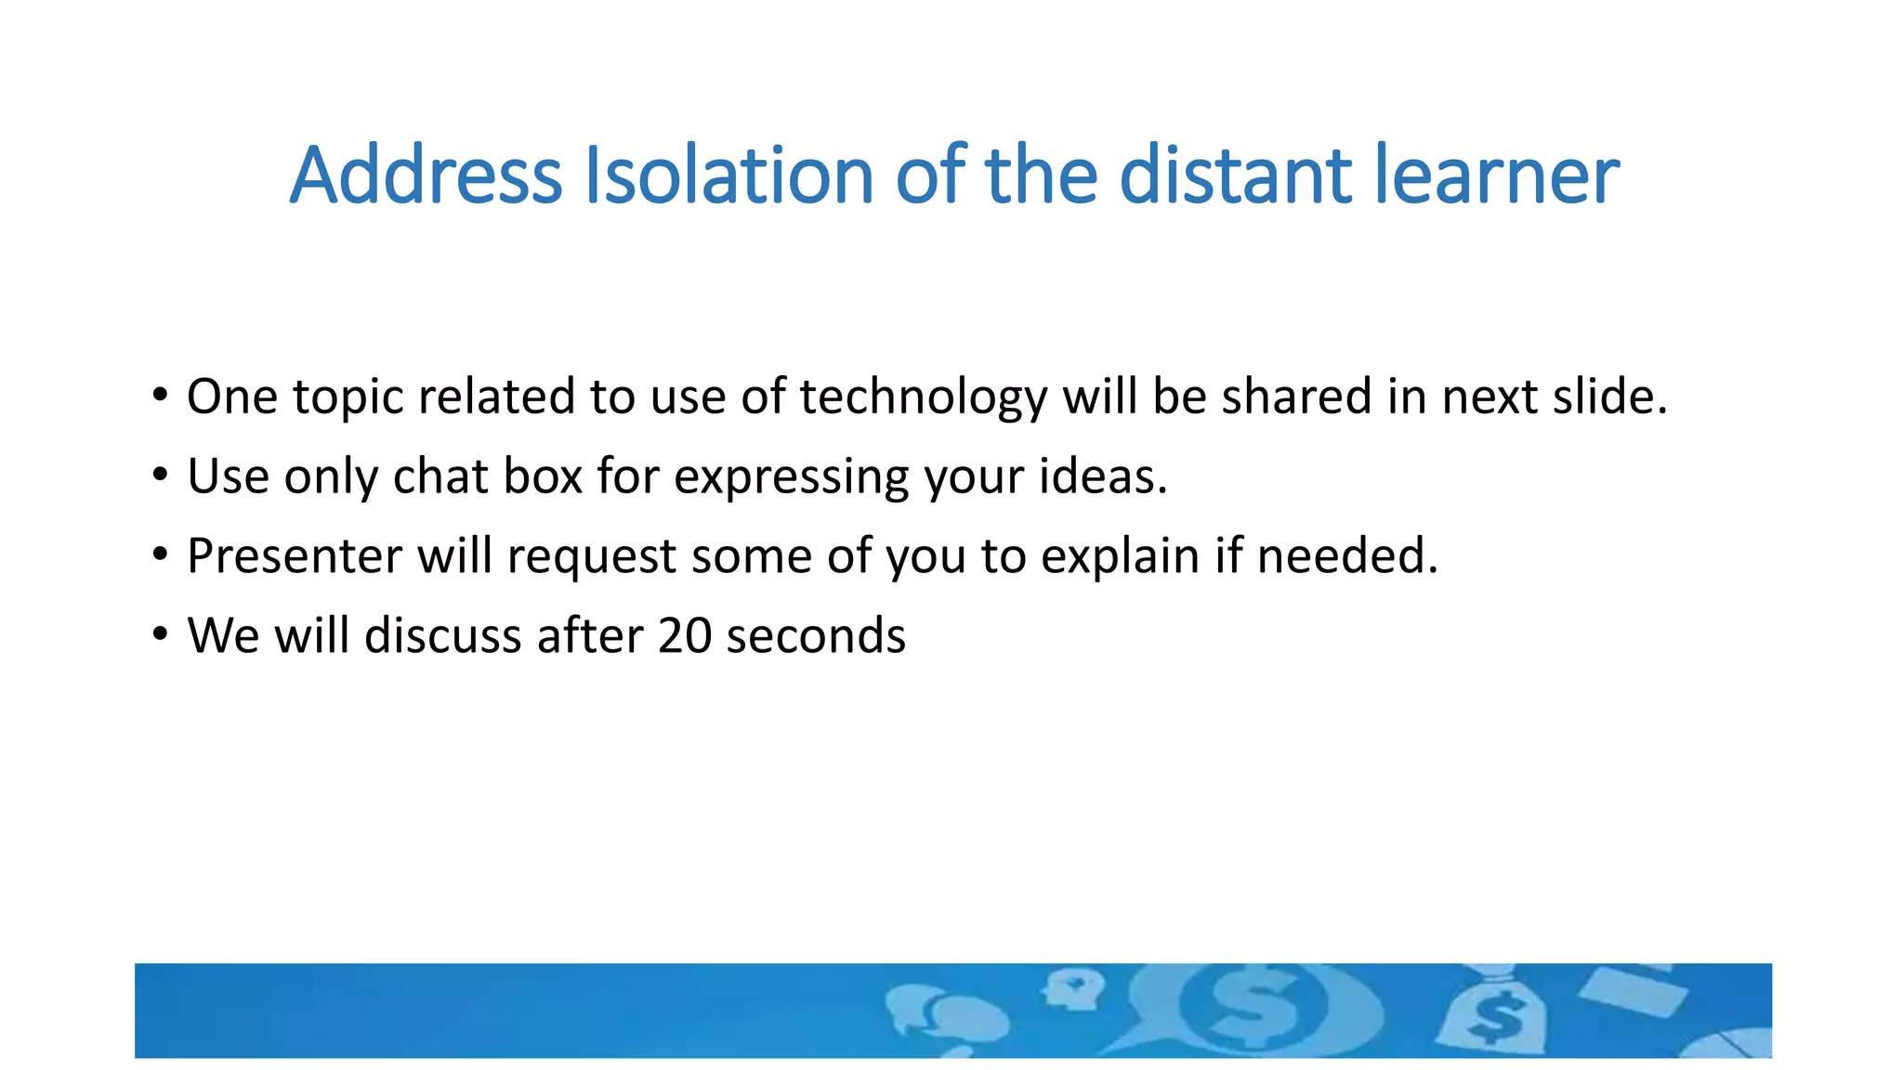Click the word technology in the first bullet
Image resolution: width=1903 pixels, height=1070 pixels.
point(924,398)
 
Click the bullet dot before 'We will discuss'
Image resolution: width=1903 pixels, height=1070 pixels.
point(161,634)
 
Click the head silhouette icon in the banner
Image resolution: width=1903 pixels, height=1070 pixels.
point(1073,990)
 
